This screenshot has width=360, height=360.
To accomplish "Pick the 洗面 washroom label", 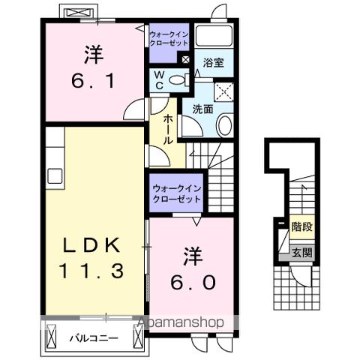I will (x=203, y=109).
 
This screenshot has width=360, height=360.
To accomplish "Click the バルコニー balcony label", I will (x=92, y=338).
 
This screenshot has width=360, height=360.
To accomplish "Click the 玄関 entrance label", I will (x=301, y=253).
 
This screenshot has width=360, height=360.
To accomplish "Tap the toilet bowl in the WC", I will (x=177, y=80).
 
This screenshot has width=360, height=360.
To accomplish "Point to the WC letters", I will (x=158, y=79).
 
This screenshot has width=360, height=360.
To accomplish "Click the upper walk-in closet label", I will (x=169, y=39).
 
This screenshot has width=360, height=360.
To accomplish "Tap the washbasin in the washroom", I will (x=223, y=126).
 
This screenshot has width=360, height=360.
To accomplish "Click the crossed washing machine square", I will (x=223, y=91).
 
